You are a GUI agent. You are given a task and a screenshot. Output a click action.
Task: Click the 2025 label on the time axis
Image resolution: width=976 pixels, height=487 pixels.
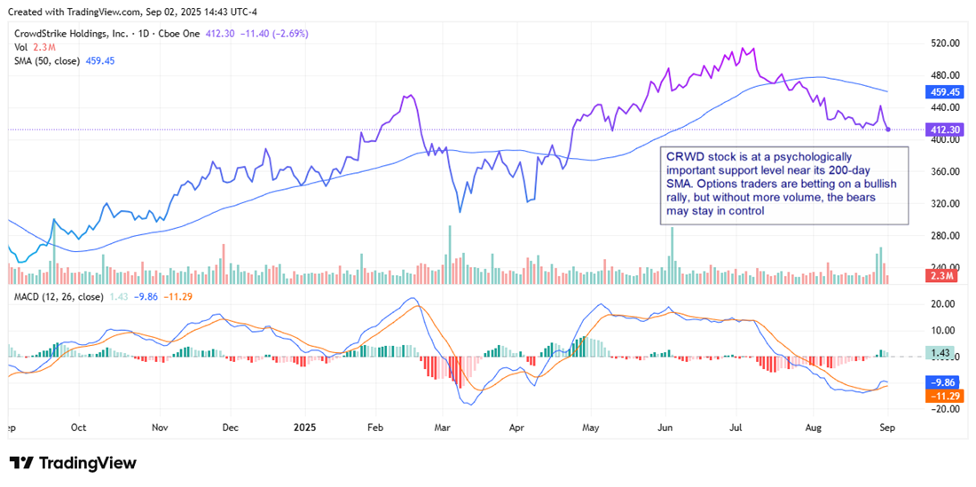301,426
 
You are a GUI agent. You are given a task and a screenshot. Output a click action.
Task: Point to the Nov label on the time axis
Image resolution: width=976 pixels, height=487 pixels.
161,426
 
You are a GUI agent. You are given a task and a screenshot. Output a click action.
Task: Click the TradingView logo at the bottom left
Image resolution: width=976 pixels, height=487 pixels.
74,463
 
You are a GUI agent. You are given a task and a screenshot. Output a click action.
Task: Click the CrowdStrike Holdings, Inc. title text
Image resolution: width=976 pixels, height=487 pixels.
75,33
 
